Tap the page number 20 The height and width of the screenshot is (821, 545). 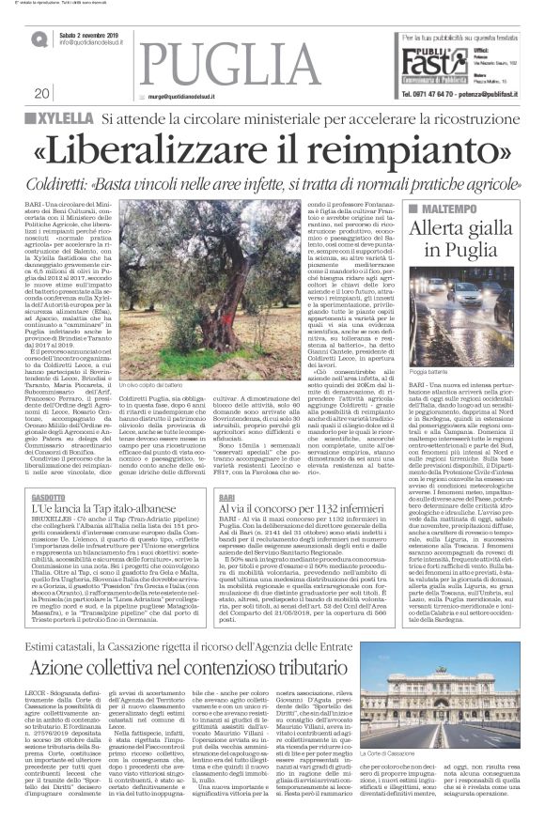(42, 94)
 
